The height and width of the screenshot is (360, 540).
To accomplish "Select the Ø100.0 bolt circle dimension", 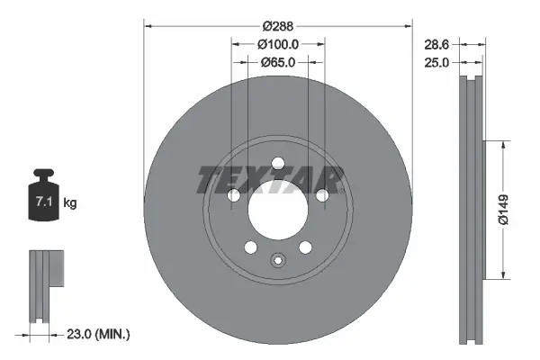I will coord(277,43).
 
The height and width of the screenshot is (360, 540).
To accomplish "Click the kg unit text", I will coord(70,203).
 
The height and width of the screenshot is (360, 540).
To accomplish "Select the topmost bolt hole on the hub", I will coord(277,163).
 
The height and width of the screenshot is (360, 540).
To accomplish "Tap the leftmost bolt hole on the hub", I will coord(234,195).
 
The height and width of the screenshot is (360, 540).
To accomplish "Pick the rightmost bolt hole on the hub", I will coord(321,195).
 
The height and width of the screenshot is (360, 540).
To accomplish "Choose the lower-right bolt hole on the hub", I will coord(304,247).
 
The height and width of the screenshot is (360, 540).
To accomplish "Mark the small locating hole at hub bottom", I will coord(277,262).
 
